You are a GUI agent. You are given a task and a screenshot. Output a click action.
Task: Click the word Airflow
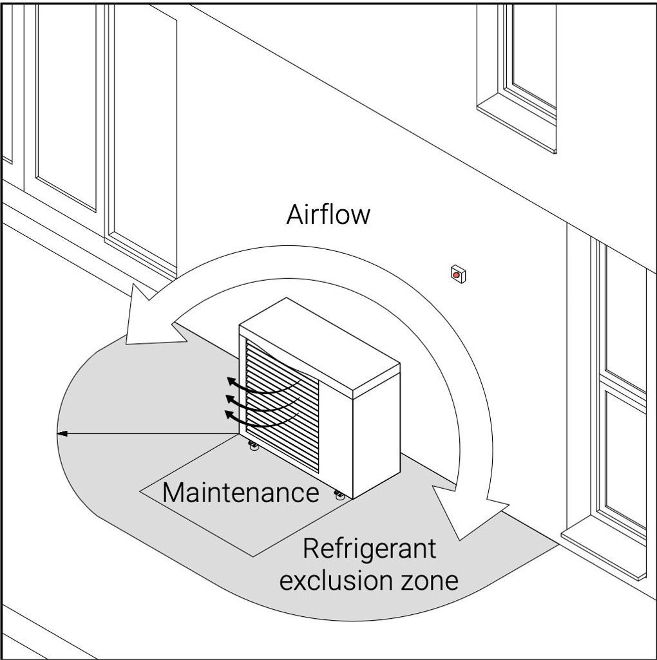coord(328,214)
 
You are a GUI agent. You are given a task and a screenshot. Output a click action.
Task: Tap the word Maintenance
coord(240,493)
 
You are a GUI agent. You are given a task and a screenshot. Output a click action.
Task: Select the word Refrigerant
coord(369,549)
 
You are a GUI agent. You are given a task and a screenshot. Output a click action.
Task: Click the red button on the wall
coord(457,275)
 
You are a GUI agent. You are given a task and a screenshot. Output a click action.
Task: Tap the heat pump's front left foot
coord(253,446)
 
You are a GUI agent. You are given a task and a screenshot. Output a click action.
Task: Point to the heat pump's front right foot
coord(339,495)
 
